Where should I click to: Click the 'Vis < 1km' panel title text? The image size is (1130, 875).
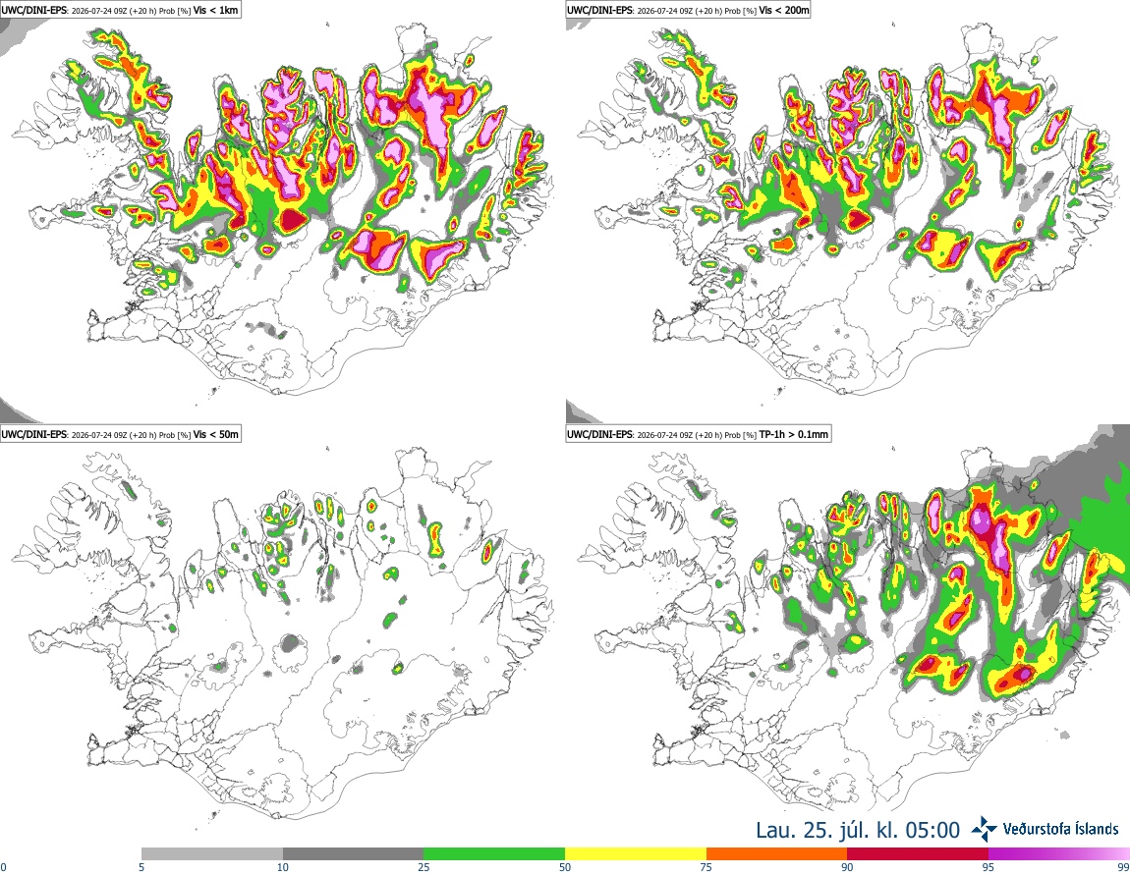[x=215, y=11]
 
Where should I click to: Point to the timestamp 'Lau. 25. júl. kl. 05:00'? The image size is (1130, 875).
[x=858, y=830]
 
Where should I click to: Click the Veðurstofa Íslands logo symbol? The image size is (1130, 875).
[x=984, y=829]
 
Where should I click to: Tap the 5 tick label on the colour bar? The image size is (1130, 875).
[x=141, y=867]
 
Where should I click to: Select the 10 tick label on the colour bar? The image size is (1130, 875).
[x=283, y=867]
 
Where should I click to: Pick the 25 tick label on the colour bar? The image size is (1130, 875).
[x=424, y=867]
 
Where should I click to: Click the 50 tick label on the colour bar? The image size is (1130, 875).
[x=565, y=867]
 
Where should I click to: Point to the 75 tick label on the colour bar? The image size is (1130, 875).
[x=706, y=867]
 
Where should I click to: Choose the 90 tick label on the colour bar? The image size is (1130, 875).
[x=847, y=867]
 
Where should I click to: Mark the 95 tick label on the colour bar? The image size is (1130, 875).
[x=989, y=867]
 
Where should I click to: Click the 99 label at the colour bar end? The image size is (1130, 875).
[x=1123, y=867]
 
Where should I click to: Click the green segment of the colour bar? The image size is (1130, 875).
[x=494, y=854]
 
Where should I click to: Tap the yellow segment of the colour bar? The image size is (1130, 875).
[x=636, y=854]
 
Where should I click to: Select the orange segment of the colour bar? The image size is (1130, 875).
[x=777, y=854]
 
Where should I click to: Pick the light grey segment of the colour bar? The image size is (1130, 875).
[x=212, y=854]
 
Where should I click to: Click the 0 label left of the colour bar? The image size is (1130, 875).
[x=3, y=867]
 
